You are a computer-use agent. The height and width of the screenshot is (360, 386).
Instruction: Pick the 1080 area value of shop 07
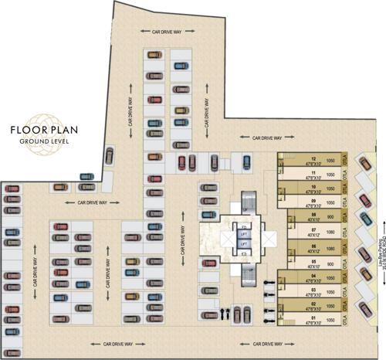point(330,232)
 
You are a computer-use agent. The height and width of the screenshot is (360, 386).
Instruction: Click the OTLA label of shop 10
point(344,188)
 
